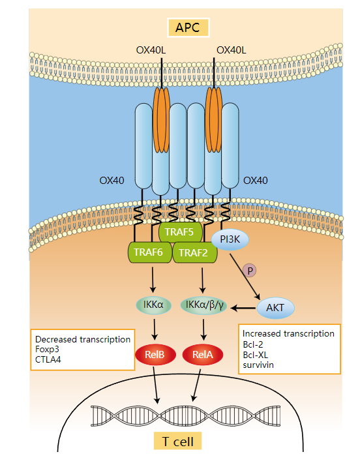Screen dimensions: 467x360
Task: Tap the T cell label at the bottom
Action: pos(179,442)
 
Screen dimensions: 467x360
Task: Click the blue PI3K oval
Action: pos(230,240)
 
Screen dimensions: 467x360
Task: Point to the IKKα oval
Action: pos(153,304)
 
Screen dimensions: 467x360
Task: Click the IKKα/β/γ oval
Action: pos(203,304)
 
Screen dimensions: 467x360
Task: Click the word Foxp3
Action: pos(48,350)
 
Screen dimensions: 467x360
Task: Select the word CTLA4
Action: pos(48,361)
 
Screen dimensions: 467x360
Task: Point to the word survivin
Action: pos(257,365)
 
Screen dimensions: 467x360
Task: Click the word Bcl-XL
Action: pos(256,354)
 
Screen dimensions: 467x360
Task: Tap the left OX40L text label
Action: pos(152,50)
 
